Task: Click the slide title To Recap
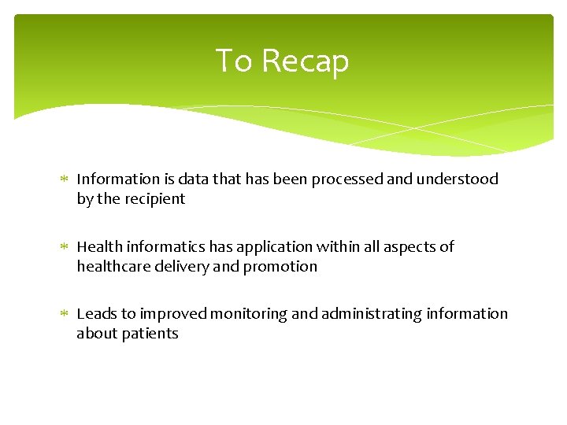[x=282, y=61]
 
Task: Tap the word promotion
[x=280, y=267]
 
